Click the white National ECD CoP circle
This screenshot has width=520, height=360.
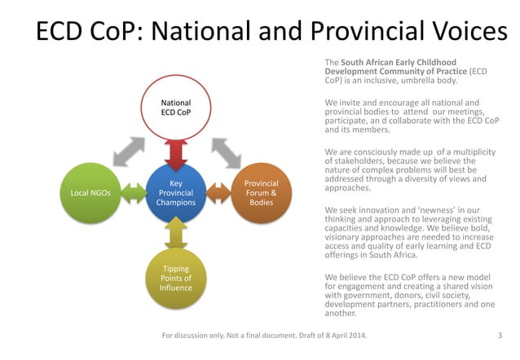(x=176, y=107)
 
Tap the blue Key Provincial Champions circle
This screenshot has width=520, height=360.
(x=176, y=193)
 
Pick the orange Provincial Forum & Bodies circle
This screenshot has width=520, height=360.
(x=261, y=193)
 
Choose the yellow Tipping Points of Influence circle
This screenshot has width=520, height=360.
(x=176, y=279)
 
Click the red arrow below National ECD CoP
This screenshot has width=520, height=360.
(x=176, y=150)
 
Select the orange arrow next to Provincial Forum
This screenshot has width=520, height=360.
(x=218, y=194)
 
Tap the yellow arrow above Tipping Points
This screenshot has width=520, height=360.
(x=176, y=235)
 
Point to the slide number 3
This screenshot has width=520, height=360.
(x=499, y=335)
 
